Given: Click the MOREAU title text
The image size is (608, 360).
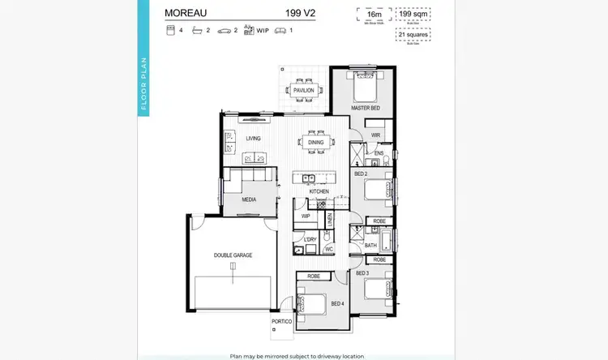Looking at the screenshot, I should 186,13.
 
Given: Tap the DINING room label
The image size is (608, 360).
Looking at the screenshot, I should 316,143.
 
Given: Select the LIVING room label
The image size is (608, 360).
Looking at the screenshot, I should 254,139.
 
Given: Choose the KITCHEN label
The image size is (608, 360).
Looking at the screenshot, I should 319,191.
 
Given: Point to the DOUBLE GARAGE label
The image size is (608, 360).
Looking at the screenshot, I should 233,255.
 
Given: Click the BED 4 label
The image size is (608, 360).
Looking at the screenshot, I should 336,303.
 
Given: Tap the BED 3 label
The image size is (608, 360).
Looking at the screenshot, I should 362,273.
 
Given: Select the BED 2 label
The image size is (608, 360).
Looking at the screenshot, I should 362,174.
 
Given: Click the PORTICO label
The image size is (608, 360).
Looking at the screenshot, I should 282,322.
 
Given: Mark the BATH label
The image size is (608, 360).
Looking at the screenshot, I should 370,245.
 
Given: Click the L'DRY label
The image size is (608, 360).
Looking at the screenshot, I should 309,239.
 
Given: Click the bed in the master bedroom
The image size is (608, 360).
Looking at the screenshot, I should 362,84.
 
